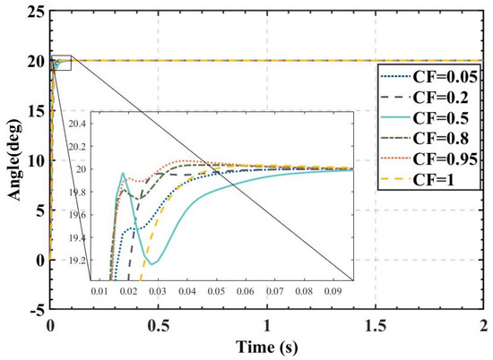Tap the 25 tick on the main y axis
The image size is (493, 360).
click(35, 12)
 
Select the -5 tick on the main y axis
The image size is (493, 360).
click(35, 311)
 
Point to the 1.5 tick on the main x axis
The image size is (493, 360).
click(375, 325)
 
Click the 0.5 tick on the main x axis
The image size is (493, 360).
click(159, 325)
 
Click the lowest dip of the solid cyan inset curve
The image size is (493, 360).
click(155, 264)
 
